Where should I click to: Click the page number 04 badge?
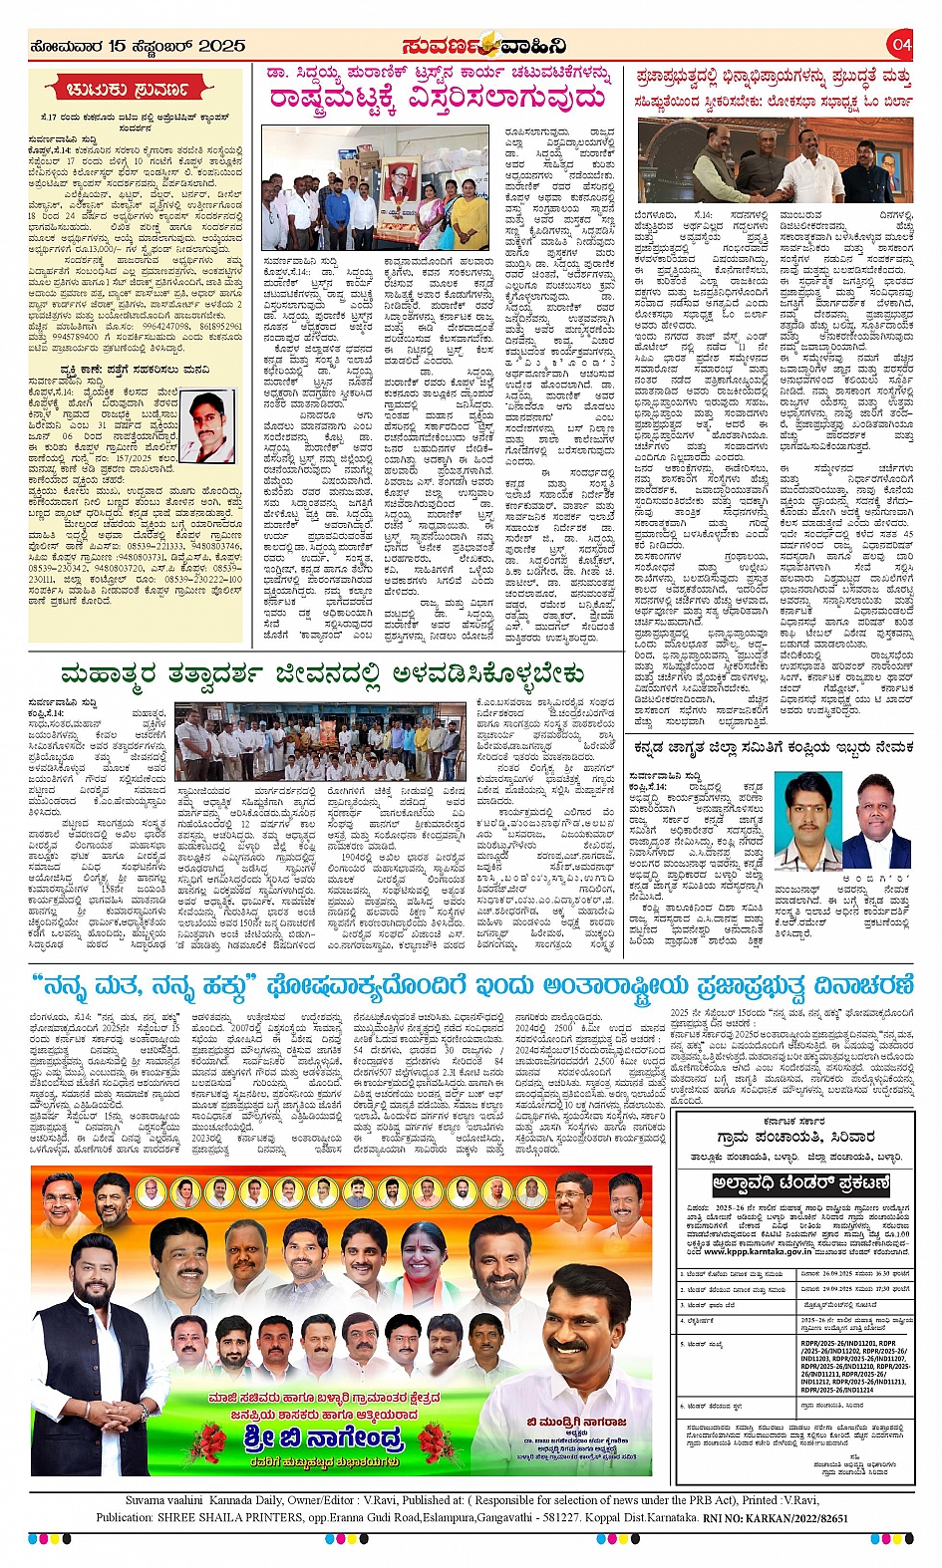coord(901,45)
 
